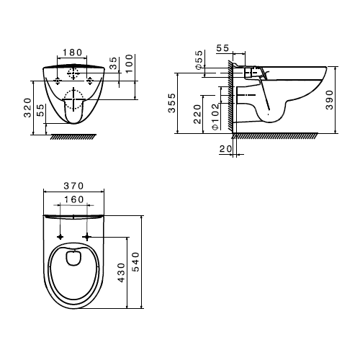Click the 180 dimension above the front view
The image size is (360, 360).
[x=71, y=53]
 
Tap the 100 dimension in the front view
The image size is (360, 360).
[x=130, y=63]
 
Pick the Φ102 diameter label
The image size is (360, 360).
[x=215, y=115]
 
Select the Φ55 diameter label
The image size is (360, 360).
[x=198, y=59]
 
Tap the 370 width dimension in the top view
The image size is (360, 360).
[x=71, y=185]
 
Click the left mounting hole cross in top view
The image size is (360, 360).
[x=60, y=235]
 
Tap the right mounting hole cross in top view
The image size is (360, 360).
[x=89, y=235]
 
